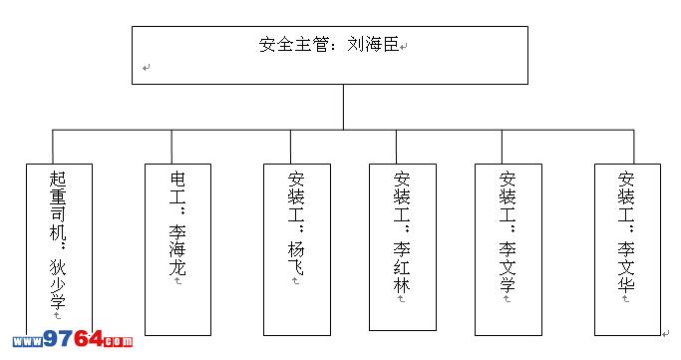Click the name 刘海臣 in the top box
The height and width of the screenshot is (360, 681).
[x=373, y=44]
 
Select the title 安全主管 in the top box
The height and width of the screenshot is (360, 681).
[x=293, y=44]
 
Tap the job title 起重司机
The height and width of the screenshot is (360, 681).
[x=58, y=205]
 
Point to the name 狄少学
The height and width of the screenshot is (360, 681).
[x=58, y=283]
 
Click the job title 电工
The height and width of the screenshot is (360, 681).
[x=177, y=187]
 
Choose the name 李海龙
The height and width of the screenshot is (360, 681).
[x=177, y=249]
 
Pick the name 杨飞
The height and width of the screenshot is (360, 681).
[x=296, y=259]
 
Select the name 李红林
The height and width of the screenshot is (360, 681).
[x=402, y=267]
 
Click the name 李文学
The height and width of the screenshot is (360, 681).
[x=508, y=267]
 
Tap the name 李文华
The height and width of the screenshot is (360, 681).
[x=626, y=267]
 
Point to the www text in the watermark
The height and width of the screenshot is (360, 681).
[x=28, y=341]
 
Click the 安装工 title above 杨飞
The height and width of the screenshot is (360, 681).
[x=296, y=196]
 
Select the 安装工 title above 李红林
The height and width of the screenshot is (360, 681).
[x=402, y=196]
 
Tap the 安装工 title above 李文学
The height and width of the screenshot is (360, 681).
[x=508, y=196]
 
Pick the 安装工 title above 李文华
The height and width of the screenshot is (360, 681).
[x=626, y=196]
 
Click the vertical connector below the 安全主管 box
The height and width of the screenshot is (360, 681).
[x=344, y=107]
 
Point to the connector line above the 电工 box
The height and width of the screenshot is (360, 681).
[x=171, y=147]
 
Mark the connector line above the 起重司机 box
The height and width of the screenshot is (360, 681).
[x=53, y=147]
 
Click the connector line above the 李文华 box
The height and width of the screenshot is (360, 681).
[x=634, y=147]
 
